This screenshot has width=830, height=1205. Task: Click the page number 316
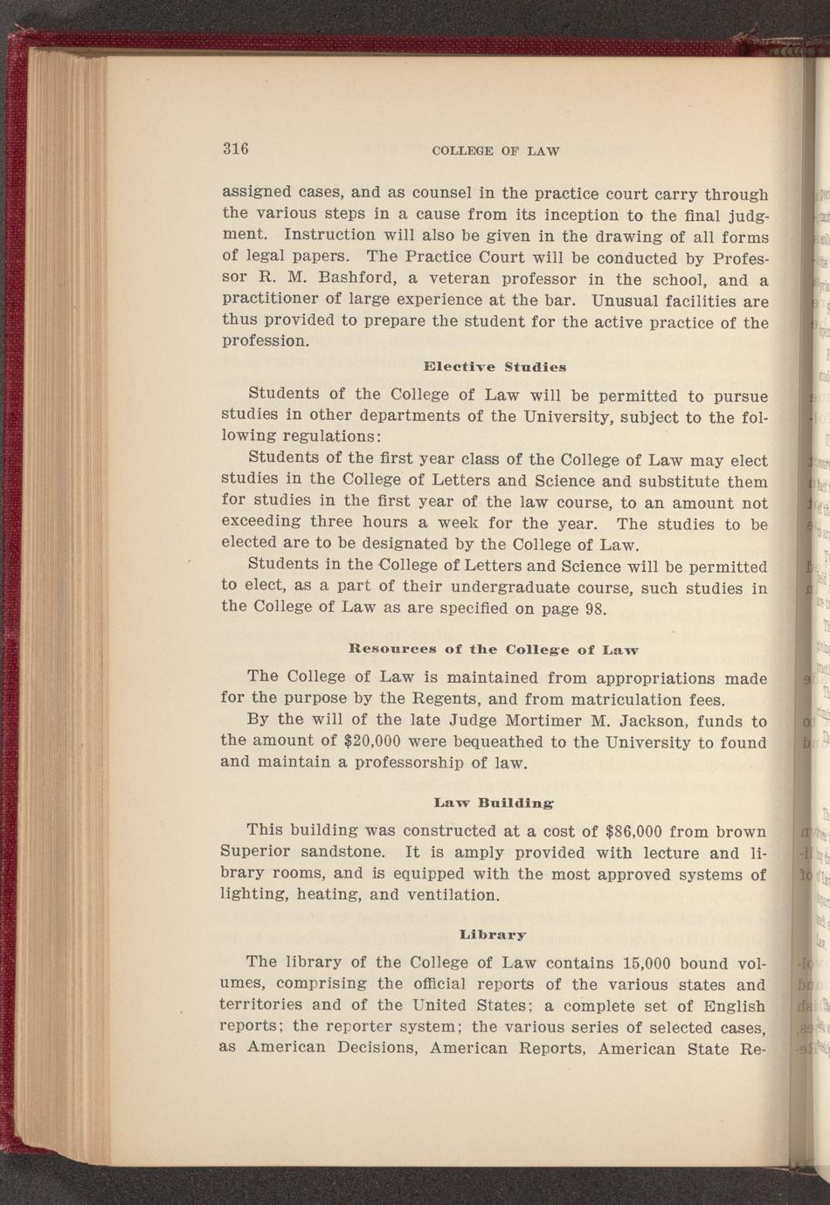pos(236,148)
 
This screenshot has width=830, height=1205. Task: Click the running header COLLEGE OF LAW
pos(495,151)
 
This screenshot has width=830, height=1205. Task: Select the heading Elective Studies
pos(495,366)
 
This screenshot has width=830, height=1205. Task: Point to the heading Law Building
pos(494,801)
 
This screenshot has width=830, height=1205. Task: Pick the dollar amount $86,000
pos(640,831)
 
